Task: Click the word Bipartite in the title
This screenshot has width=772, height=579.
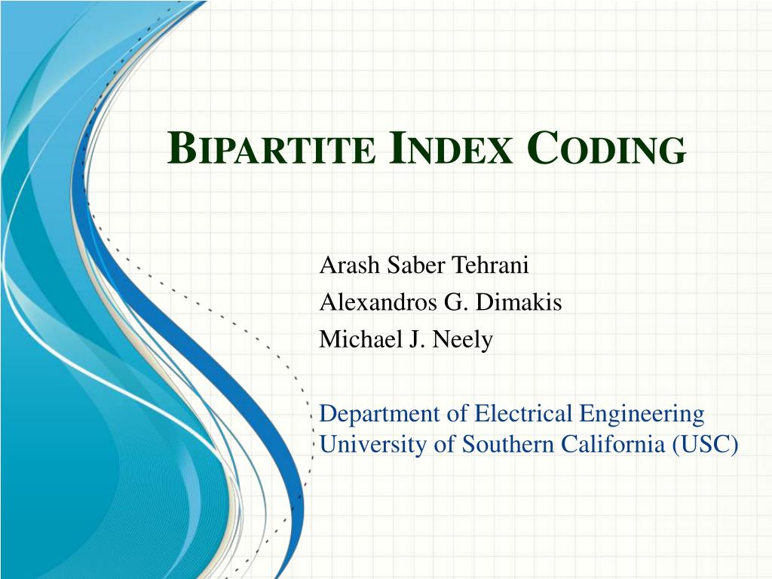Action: pos(270,148)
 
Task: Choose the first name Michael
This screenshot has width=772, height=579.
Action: pos(354,339)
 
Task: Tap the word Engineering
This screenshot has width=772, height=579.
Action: pos(644,415)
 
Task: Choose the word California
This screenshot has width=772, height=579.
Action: pos(612,445)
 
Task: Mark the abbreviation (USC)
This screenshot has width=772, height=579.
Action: pos(705,445)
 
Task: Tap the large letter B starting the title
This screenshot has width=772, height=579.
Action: pos(178,148)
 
